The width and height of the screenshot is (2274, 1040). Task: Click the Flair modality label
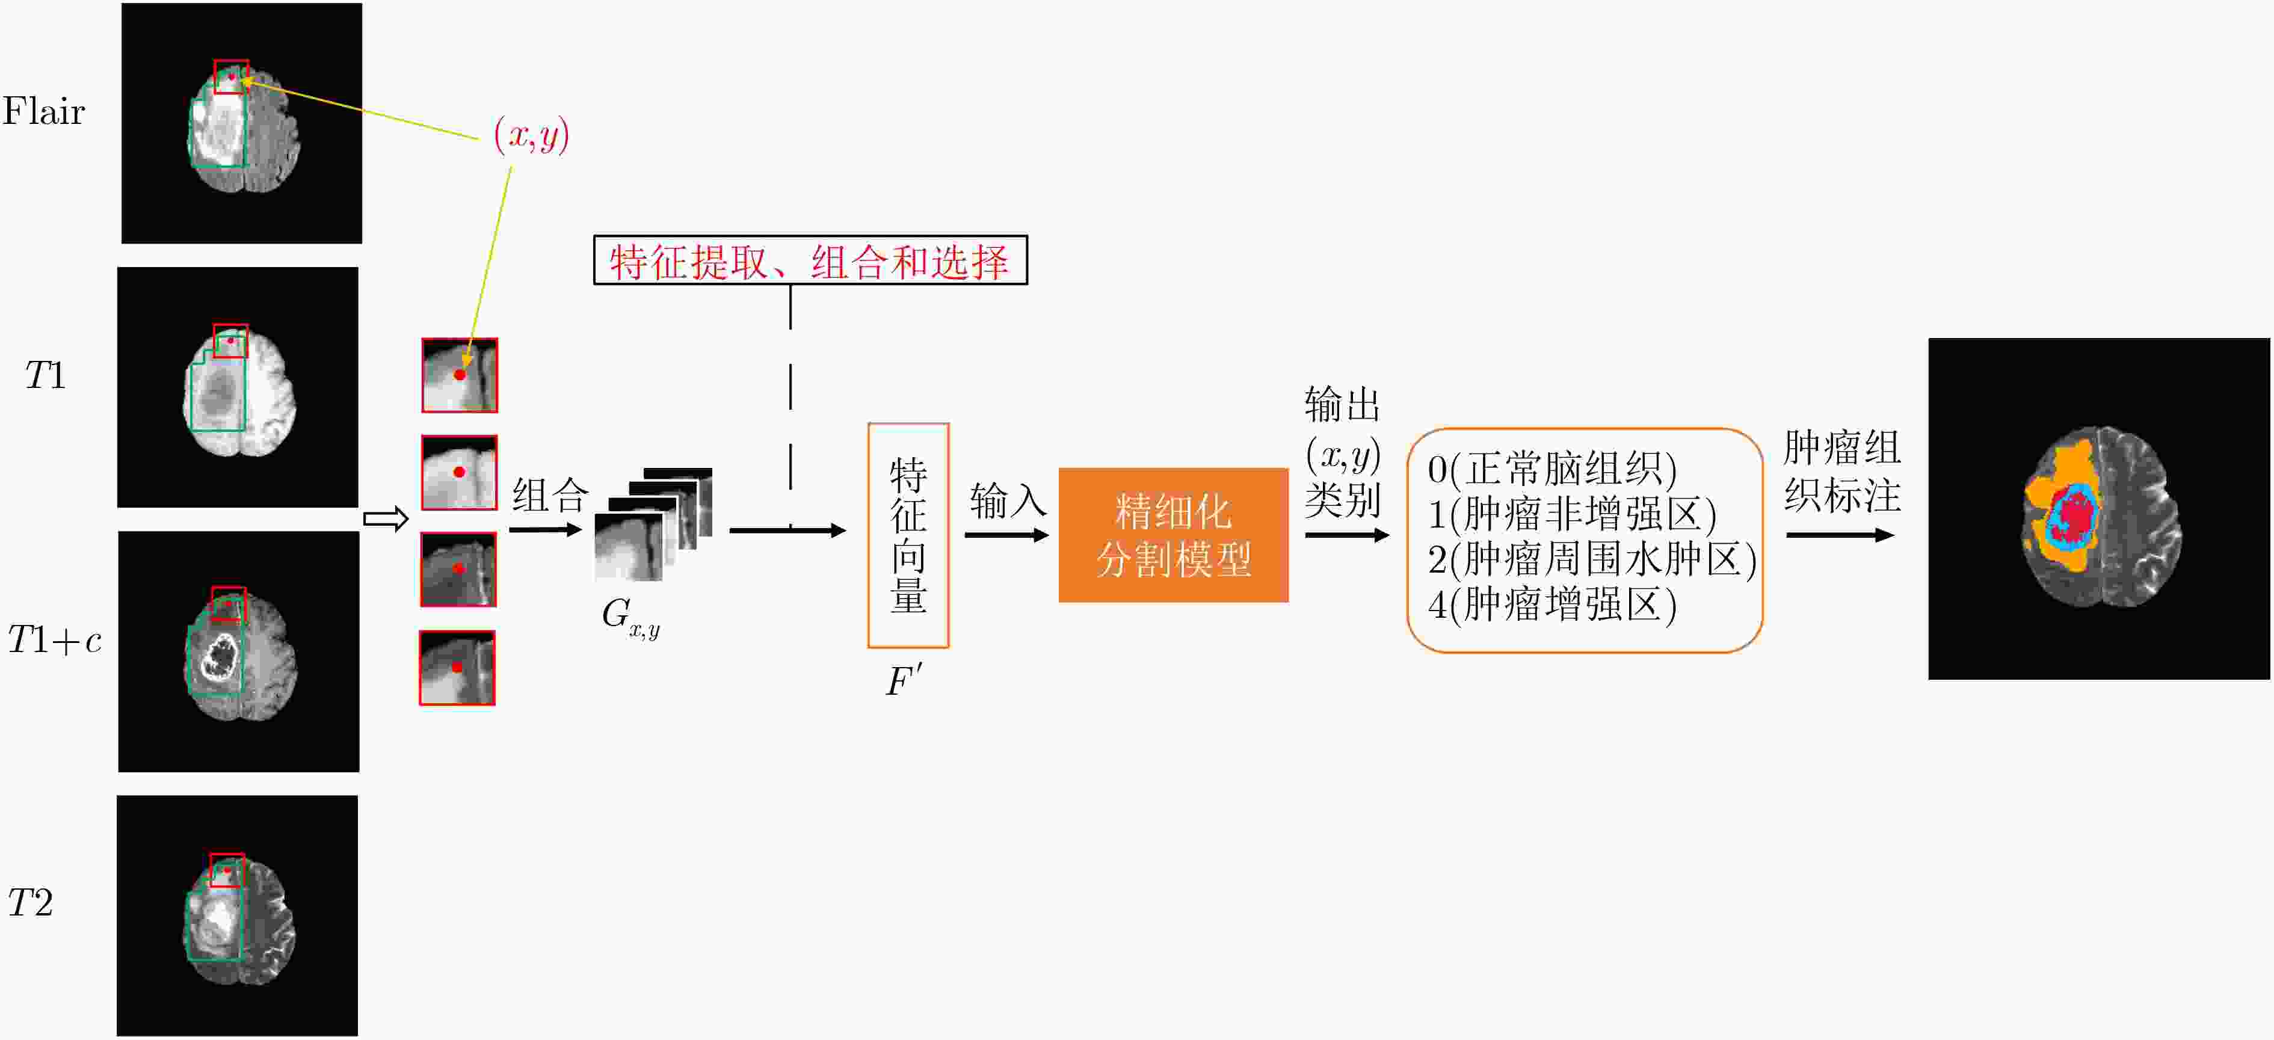(43, 111)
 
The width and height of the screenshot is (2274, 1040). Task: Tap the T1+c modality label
(54, 639)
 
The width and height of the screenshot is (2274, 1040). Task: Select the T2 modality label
(30, 902)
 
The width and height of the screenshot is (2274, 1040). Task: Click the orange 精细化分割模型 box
(1173, 535)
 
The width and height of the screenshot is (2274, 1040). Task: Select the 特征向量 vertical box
(908, 535)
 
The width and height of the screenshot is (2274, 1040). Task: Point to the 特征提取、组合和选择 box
(810, 260)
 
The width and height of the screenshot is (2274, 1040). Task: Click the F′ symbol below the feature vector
(905, 681)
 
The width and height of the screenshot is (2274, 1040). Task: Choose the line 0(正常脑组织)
(1552, 468)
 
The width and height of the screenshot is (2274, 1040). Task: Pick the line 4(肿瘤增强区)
(1552, 605)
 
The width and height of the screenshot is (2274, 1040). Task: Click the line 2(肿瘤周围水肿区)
(1592, 559)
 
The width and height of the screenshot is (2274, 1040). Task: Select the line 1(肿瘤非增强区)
(1572, 514)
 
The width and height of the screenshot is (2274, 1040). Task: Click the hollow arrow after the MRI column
(386, 519)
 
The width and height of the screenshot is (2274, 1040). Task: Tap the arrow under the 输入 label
(1006, 535)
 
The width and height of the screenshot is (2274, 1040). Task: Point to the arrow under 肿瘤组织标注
(1841, 535)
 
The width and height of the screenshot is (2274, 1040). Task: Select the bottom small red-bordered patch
(457, 668)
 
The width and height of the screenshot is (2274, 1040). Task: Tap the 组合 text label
(550, 495)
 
